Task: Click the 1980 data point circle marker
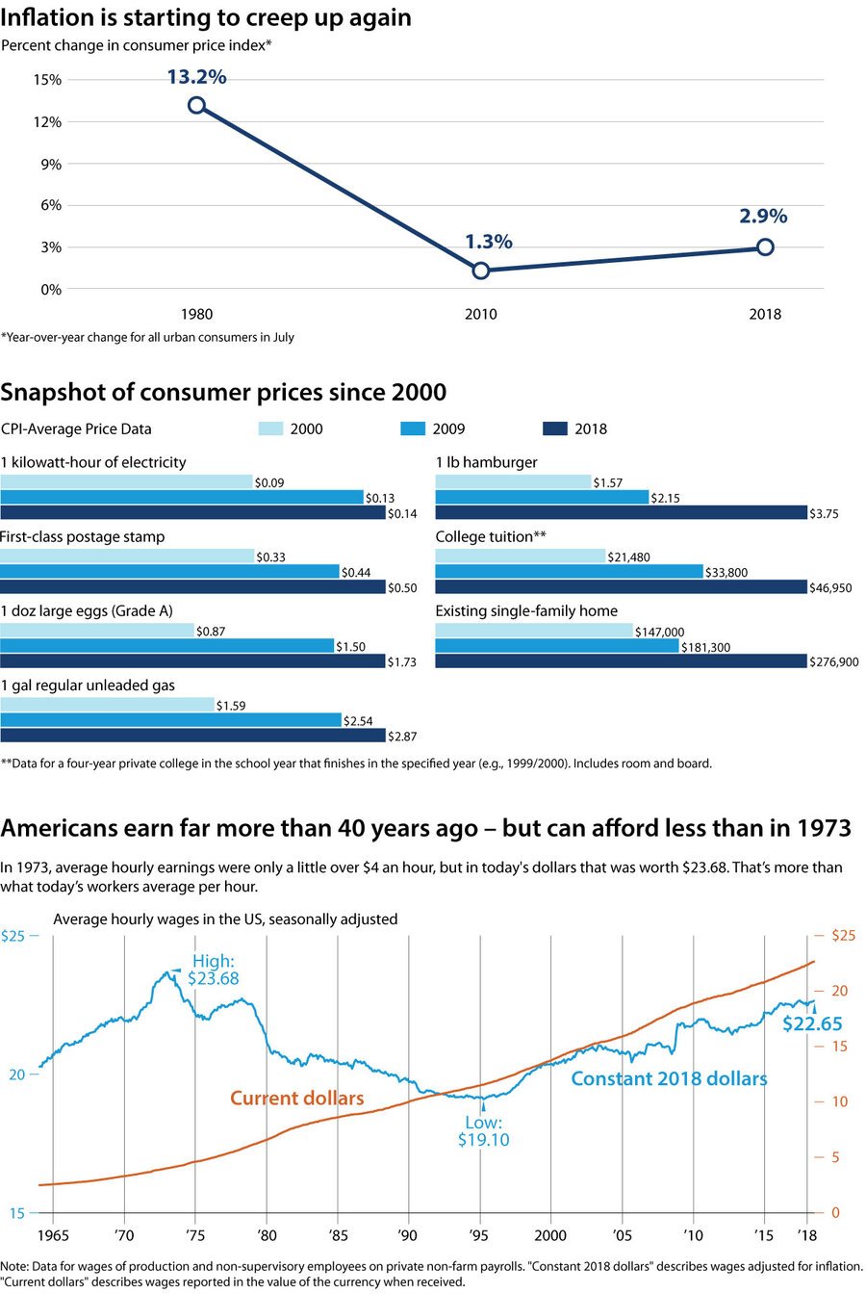(x=196, y=105)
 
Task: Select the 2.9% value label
(x=764, y=216)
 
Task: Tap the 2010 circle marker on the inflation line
(x=481, y=271)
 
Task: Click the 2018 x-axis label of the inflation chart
(x=766, y=315)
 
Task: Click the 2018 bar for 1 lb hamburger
(x=621, y=513)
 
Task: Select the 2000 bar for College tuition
(x=521, y=556)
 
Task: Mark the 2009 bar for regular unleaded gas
(x=171, y=720)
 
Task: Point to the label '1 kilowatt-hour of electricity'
(x=93, y=462)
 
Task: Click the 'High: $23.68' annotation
(x=214, y=970)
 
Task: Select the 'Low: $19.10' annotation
(x=482, y=1131)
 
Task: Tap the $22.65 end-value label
(x=812, y=1022)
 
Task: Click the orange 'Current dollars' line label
(x=297, y=1099)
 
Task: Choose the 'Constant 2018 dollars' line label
(x=669, y=1078)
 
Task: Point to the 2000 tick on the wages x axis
(x=550, y=1233)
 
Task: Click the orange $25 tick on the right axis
(x=828, y=935)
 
